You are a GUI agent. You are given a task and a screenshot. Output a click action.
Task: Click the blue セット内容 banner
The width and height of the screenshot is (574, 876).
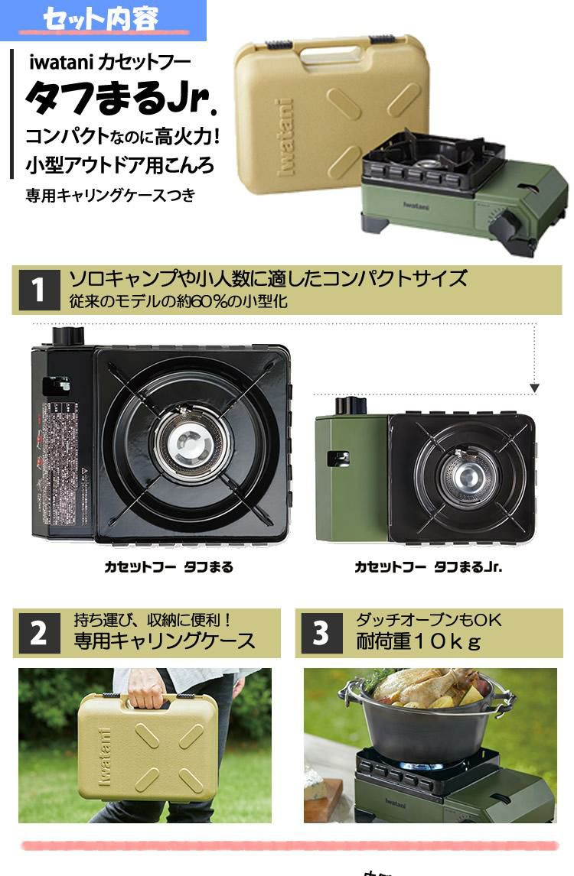pyautogui.click(x=103, y=19)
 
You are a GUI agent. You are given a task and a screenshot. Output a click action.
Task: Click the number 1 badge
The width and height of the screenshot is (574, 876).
pyautogui.click(x=38, y=290)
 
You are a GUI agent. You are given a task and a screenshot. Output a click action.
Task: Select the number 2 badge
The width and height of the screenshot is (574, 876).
pyautogui.click(x=38, y=633)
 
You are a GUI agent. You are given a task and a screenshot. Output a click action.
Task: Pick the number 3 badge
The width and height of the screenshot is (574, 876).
pyautogui.click(x=321, y=633)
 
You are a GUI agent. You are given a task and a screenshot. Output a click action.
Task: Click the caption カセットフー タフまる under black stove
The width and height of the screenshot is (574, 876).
pyautogui.click(x=168, y=567)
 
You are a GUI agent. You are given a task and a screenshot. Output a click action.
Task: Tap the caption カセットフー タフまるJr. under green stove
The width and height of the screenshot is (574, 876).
pyautogui.click(x=428, y=567)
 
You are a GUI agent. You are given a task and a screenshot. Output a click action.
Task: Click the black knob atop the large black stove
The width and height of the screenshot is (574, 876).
pyautogui.click(x=67, y=336)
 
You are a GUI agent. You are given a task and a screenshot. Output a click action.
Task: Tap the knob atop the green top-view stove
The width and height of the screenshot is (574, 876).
pyautogui.click(x=351, y=404)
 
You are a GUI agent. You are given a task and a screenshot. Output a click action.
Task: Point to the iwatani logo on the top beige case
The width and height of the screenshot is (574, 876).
pyautogui.click(x=286, y=138)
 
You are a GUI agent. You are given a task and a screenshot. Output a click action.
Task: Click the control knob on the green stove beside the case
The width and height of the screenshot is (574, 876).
pyautogui.click(x=504, y=225)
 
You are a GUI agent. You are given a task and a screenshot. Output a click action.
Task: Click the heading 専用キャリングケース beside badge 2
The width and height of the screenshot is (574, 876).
pyautogui.click(x=164, y=641)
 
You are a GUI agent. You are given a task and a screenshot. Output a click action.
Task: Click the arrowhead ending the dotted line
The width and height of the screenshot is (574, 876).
pyautogui.click(x=534, y=388)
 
